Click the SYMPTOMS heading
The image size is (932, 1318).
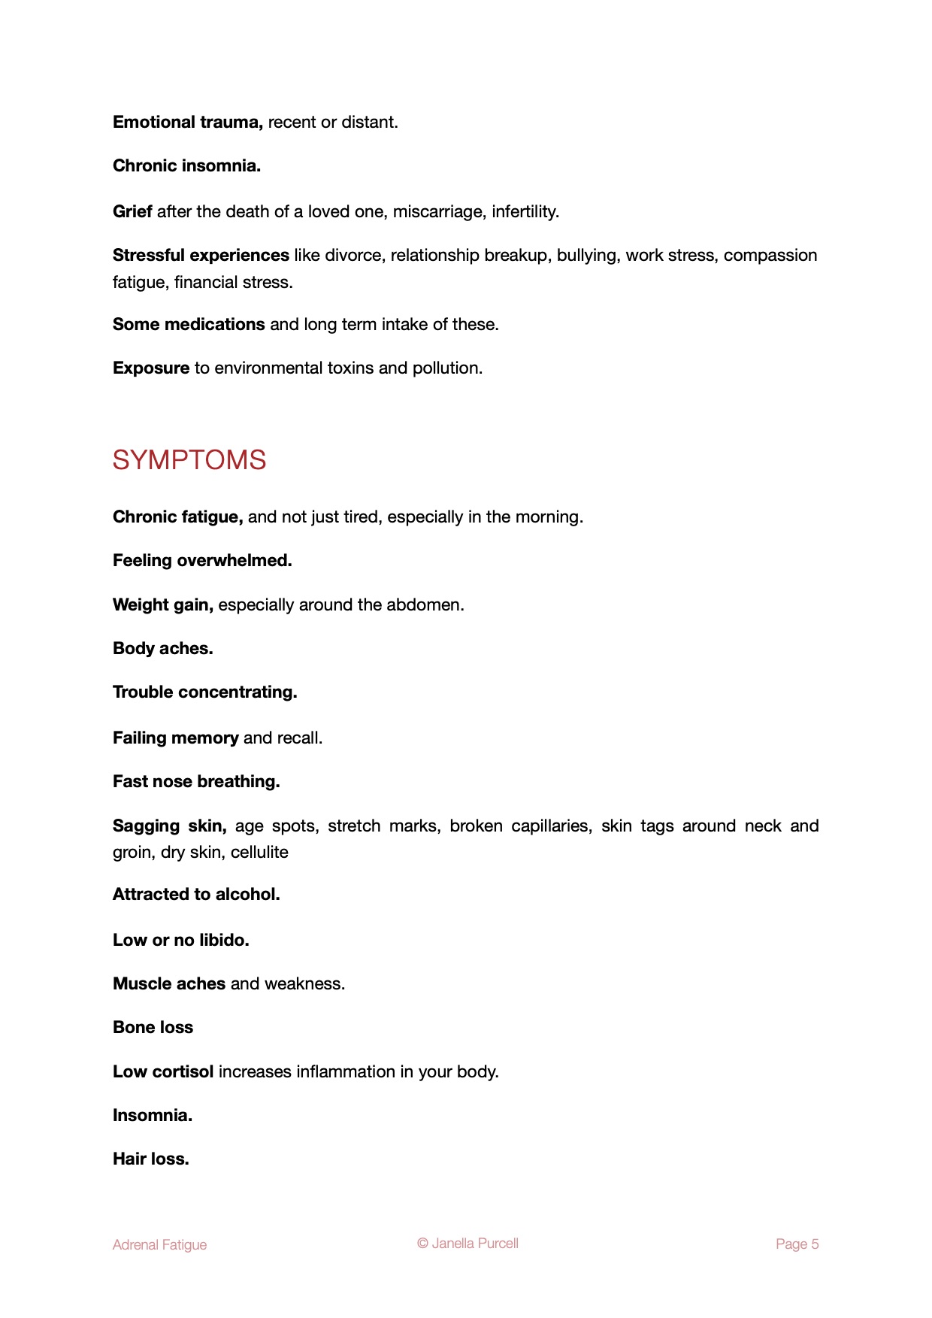click(189, 460)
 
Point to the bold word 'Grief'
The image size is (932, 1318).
click(132, 212)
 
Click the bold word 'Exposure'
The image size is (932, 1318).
click(151, 368)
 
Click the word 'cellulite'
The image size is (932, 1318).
click(259, 853)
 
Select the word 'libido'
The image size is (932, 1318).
click(224, 941)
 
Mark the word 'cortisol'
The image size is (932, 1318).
click(183, 1072)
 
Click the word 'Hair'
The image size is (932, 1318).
click(129, 1159)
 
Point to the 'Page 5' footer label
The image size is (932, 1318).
click(797, 1244)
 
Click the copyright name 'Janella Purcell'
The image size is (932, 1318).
click(475, 1244)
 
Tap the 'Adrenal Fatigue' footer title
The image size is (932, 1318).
click(159, 1245)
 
